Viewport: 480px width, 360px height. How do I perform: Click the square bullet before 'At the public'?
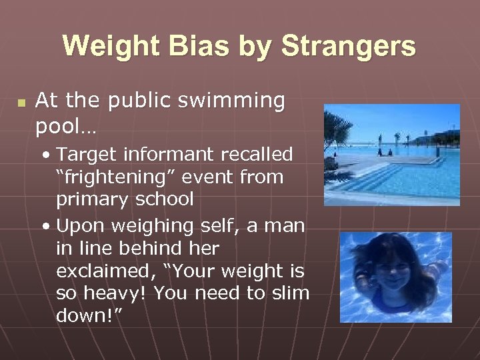pyautogui.click(x=21, y=103)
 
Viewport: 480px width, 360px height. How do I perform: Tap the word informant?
pyautogui.click(x=166, y=155)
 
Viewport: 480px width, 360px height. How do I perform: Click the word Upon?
pyautogui.click(x=80, y=225)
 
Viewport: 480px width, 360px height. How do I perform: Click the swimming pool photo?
pyautogui.click(x=391, y=154)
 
